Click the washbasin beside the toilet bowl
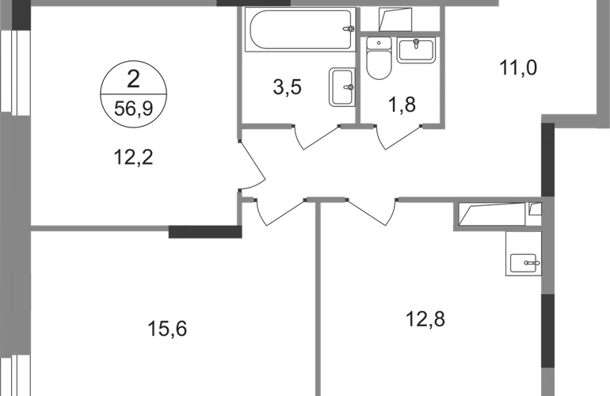416,51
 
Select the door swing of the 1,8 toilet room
392,138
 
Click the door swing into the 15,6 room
277,211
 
